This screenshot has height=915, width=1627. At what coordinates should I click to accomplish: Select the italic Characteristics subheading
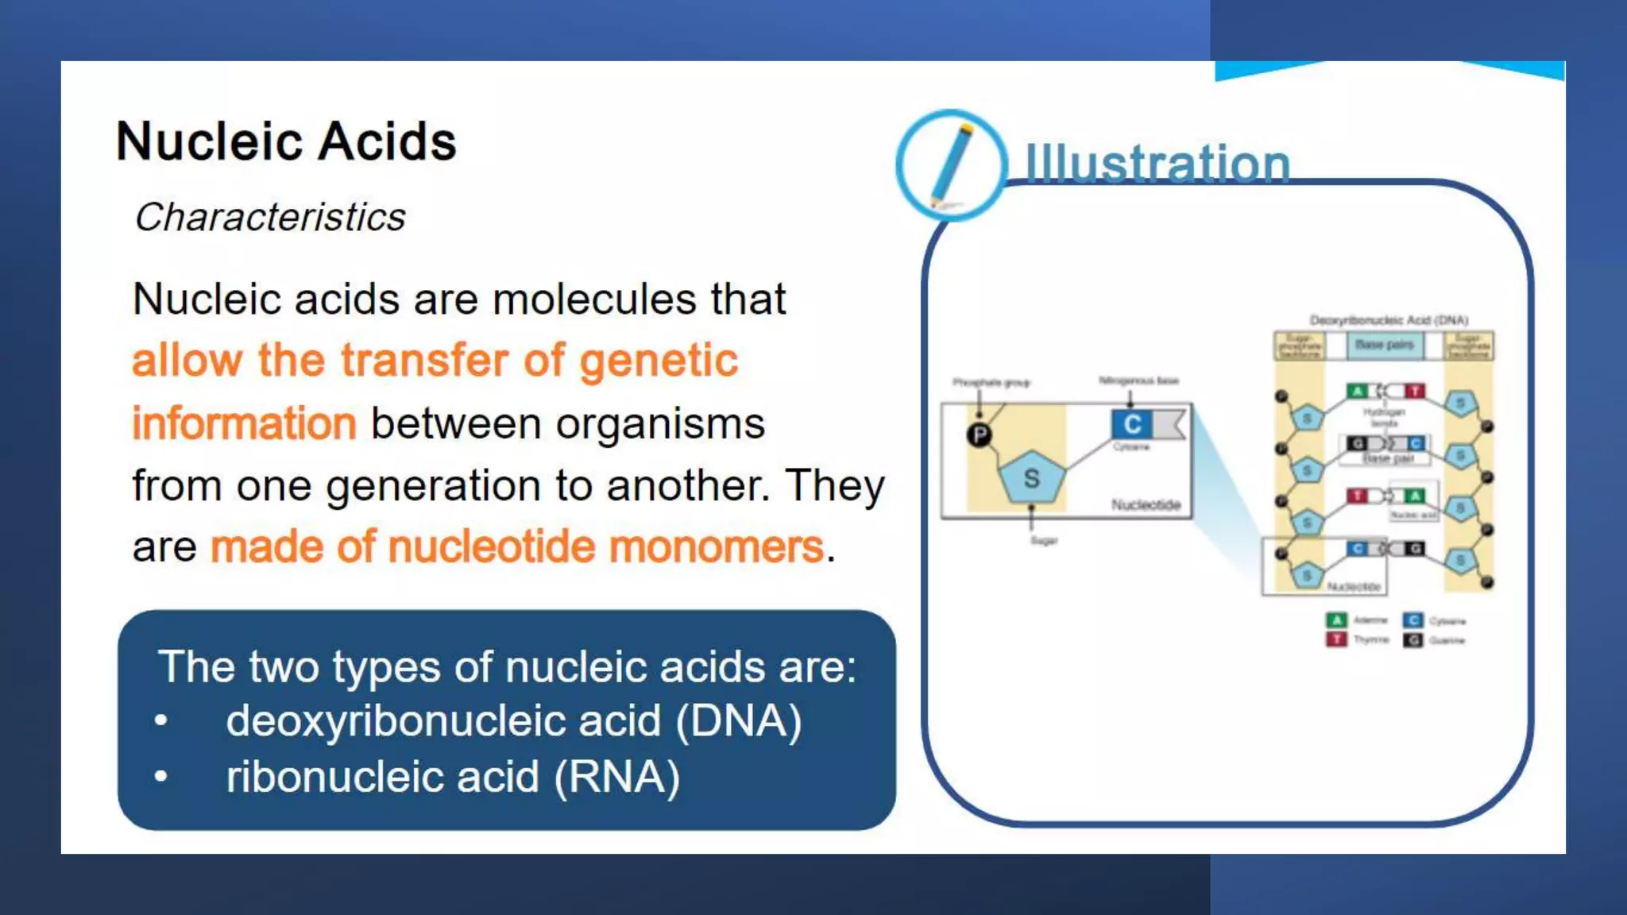[270, 218]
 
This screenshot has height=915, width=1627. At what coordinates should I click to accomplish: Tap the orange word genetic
[659, 361]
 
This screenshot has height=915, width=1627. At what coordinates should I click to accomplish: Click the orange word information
[244, 423]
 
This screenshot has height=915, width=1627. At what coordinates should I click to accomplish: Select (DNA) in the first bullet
[738, 721]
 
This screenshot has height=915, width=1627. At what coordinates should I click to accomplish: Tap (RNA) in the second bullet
[616, 777]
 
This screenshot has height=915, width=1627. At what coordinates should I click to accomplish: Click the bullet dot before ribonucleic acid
[161, 776]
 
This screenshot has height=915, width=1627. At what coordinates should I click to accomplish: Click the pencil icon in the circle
[951, 164]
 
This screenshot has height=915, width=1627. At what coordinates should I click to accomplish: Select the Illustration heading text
[1157, 164]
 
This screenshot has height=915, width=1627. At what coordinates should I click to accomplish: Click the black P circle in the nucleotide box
[980, 434]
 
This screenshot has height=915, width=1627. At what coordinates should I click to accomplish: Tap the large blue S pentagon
[1031, 477]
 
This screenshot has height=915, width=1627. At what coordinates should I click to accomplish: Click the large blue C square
[1132, 424]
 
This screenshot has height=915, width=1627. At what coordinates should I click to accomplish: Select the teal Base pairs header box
[1384, 345]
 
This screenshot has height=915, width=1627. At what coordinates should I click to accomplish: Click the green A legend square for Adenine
[1336, 620]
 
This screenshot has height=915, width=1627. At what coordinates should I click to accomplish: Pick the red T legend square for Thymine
[1336, 639]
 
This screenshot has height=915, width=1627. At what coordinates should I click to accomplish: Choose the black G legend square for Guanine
[1413, 640]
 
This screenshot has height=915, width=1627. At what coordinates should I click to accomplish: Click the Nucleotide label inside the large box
[1146, 505]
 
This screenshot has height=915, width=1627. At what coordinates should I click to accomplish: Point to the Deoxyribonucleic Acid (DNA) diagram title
[1388, 320]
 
